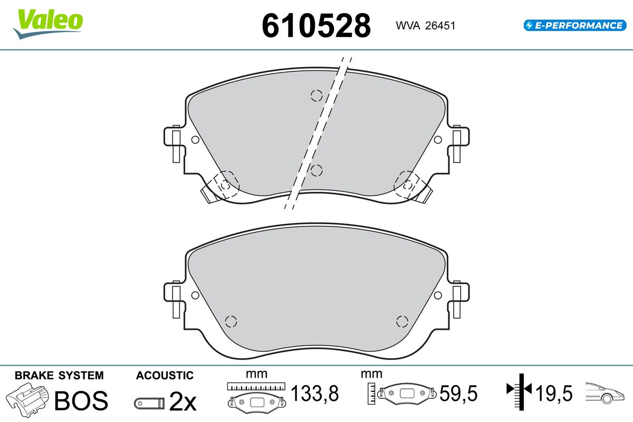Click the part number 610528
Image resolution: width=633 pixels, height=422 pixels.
[316, 26]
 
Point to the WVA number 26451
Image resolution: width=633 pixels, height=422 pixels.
[440, 26]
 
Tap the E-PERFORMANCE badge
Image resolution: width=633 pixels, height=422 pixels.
[575, 25]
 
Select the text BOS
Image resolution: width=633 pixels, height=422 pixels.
[81, 401]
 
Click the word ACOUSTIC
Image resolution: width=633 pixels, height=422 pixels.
[165, 376]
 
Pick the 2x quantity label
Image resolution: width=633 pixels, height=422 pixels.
[183, 401]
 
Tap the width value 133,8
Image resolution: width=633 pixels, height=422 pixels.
[315, 393]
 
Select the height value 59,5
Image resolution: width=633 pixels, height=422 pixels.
[458, 393]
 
